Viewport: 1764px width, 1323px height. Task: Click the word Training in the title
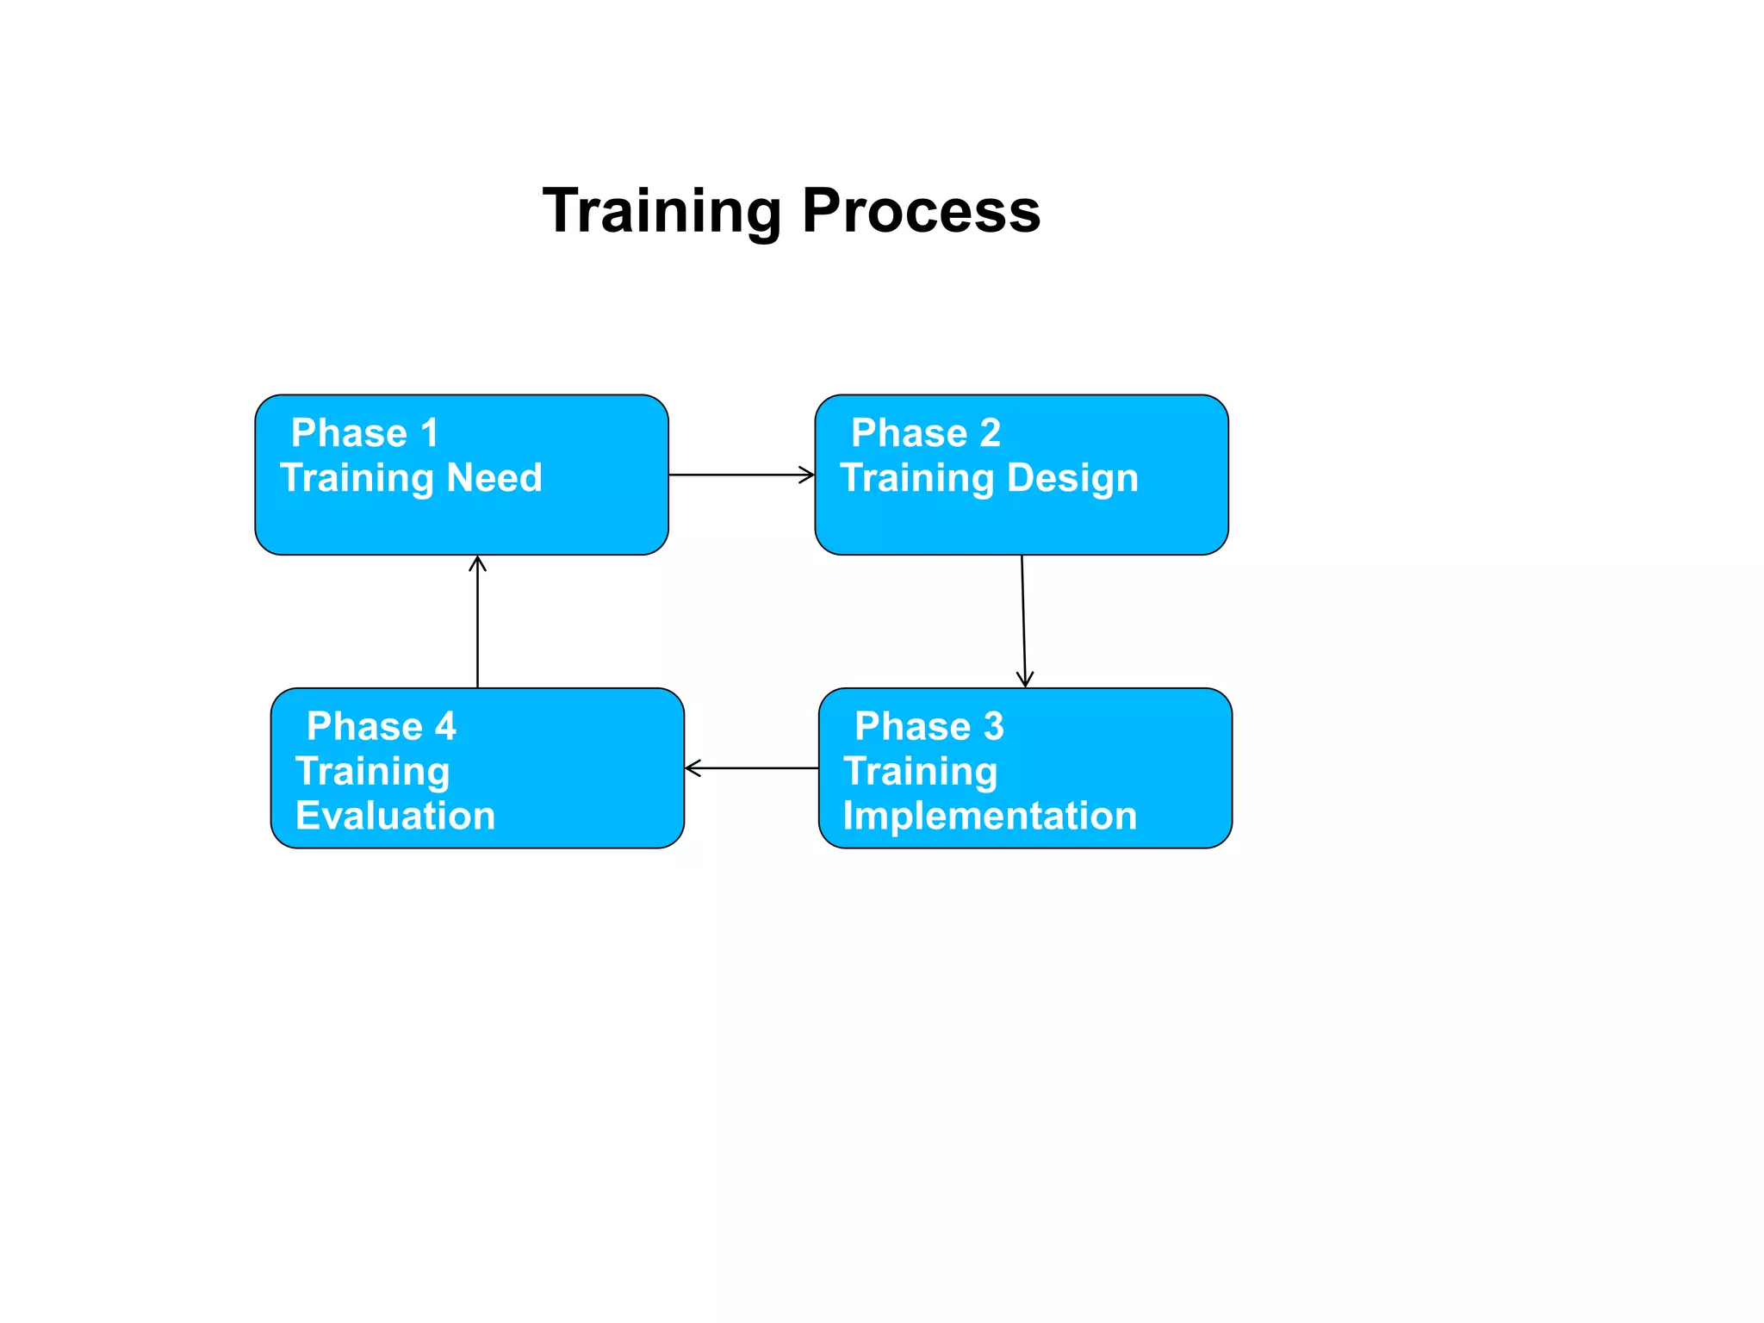coord(661,211)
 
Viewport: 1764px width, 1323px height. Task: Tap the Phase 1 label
coord(365,432)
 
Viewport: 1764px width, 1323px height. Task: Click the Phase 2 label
coord(925,432)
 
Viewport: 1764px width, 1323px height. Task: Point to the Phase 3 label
coord(929,726)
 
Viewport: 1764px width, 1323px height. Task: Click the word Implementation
coord(990,816)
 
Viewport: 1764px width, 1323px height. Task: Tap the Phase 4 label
coord(381,726)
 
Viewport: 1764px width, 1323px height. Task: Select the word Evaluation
coord(395,816)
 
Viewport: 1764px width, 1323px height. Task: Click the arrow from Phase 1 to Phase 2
coord(741,475)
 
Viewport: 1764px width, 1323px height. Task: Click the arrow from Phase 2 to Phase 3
coord(1023,620)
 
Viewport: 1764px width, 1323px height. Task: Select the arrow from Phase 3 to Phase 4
coord(751,768)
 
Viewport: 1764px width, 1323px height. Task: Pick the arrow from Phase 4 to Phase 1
coord(477,622)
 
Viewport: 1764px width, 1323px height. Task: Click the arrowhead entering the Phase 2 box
coord(808,475)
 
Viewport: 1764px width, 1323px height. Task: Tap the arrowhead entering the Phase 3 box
coord(1025,680)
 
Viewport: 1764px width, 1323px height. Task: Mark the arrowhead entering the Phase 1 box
coord(477,563)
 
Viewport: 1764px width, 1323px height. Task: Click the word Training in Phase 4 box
coord(372,772)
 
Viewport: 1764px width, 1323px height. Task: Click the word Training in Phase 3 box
coord(920,772)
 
